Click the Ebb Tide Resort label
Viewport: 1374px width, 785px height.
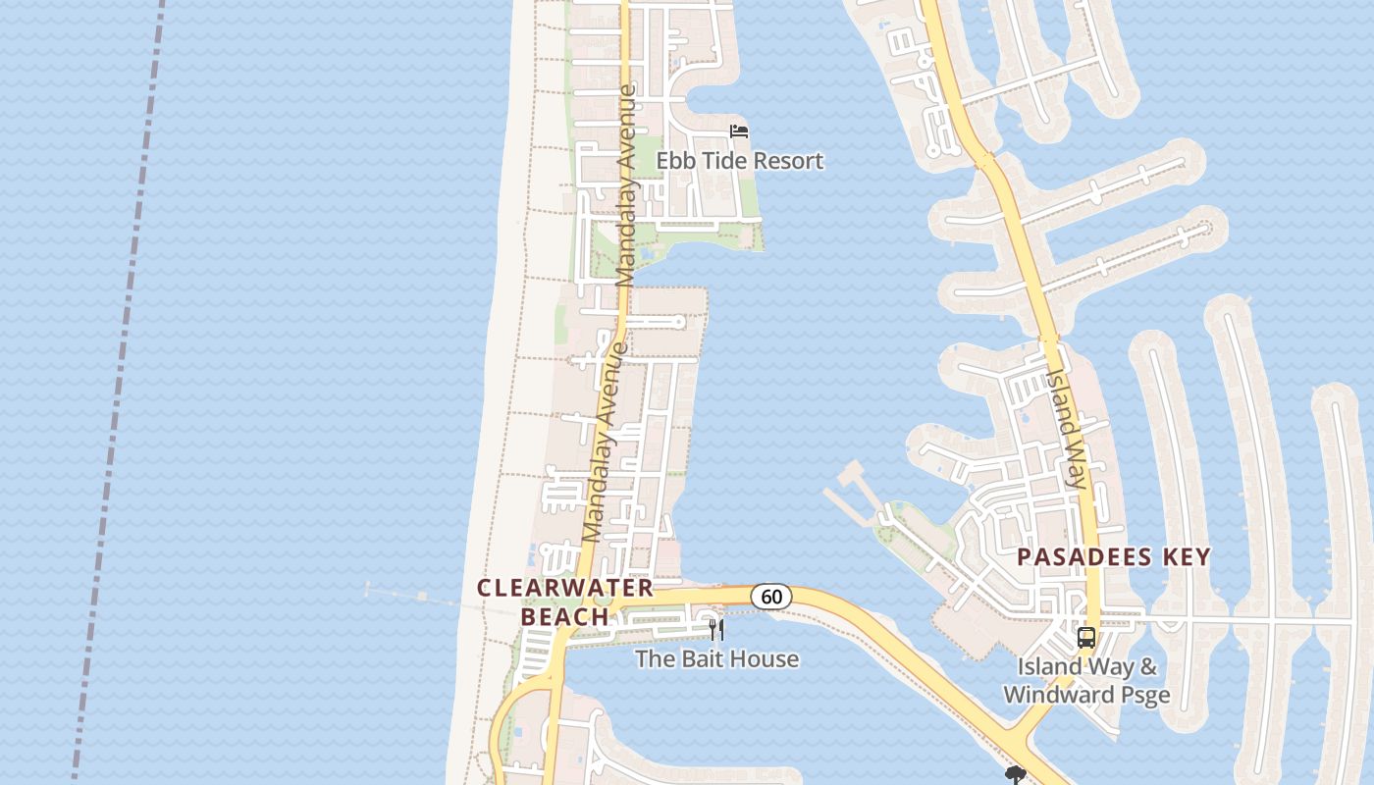[x=739, y=161]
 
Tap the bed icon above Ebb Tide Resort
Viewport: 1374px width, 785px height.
[x=739, y=131]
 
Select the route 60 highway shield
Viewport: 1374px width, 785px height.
[x=771, y=596]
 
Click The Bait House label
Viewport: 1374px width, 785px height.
[x=716, y=658]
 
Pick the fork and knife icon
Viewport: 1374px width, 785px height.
[x=716, y=630]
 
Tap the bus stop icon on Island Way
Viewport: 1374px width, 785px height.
[x=1085, y=638]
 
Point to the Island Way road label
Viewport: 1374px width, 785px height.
[x=1067, y=428]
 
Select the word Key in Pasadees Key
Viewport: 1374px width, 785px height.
[x=1186, y=557]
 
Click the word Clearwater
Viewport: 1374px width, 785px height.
[x=565, y=588]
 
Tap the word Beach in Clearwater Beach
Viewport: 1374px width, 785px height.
[x=564, y=617]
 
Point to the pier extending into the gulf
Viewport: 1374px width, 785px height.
[x=412, y=595]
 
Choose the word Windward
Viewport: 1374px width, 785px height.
[x=1046, y=695]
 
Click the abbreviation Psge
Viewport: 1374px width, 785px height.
[x=1144, y=695]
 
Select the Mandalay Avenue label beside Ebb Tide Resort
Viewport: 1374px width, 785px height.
[x=626, y=186]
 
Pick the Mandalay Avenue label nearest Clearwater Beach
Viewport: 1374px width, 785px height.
[x=605, y=442]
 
